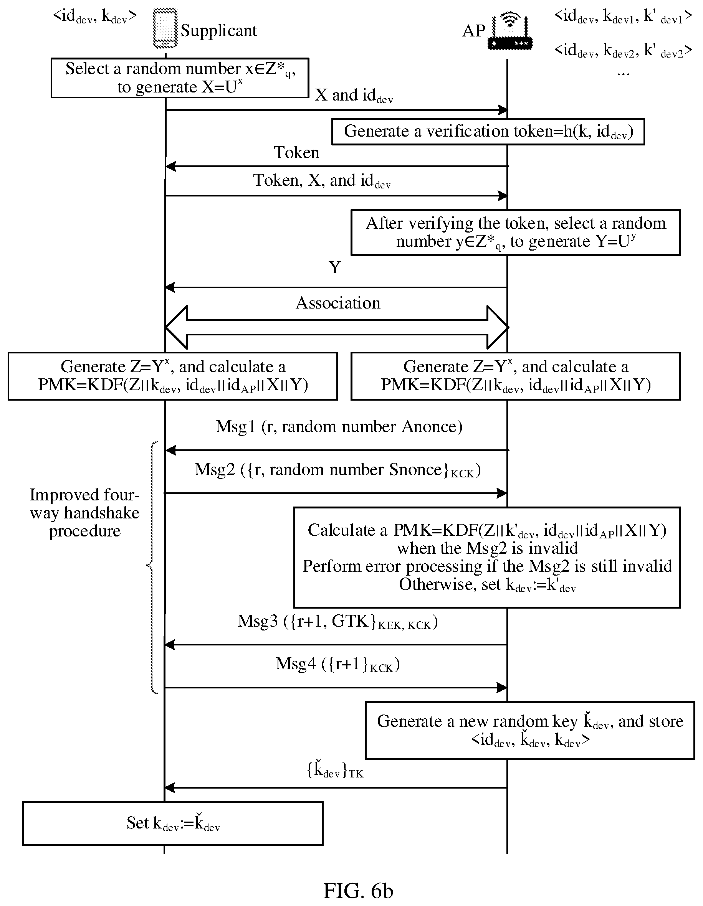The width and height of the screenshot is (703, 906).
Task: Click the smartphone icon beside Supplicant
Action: (165, 29)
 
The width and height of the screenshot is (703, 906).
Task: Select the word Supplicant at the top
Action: (219, 31)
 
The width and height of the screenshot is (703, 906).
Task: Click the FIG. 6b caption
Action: (358, 890)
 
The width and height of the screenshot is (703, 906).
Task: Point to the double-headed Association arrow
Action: (337, 327)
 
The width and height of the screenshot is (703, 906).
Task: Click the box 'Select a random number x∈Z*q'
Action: (180, 78)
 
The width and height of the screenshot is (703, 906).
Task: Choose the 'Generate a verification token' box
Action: (488, 132)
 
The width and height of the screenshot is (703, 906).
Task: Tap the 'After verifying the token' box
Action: (515, 232)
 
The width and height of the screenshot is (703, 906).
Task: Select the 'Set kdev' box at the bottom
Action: (173, 823)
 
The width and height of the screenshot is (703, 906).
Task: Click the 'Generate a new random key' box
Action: (530, 731)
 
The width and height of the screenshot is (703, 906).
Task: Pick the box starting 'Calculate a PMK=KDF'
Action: (487, 557)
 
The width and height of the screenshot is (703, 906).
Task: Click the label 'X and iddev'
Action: (354, 96)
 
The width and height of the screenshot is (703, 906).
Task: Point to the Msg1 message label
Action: (339, 427)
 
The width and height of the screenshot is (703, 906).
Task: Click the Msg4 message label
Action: (338, 664)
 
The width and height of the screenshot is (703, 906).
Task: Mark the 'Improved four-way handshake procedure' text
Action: (84, 513)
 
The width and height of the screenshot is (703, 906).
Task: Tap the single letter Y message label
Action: (335, 267)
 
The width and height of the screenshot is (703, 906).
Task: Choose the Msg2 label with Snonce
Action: (338, 470)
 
